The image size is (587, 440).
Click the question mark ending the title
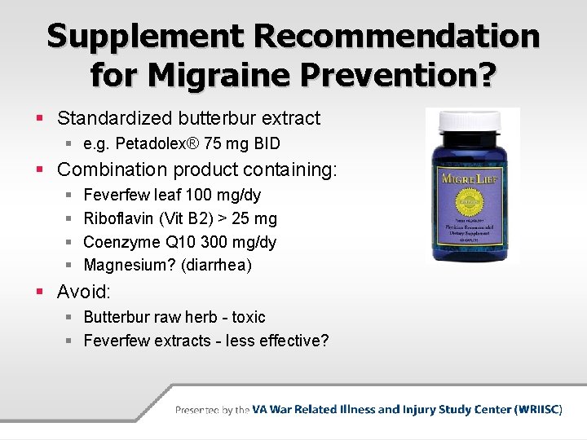[485, 75]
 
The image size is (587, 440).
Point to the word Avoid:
[83, 292]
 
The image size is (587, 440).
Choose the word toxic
[248, 317]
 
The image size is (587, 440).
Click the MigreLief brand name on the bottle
[473, 177]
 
